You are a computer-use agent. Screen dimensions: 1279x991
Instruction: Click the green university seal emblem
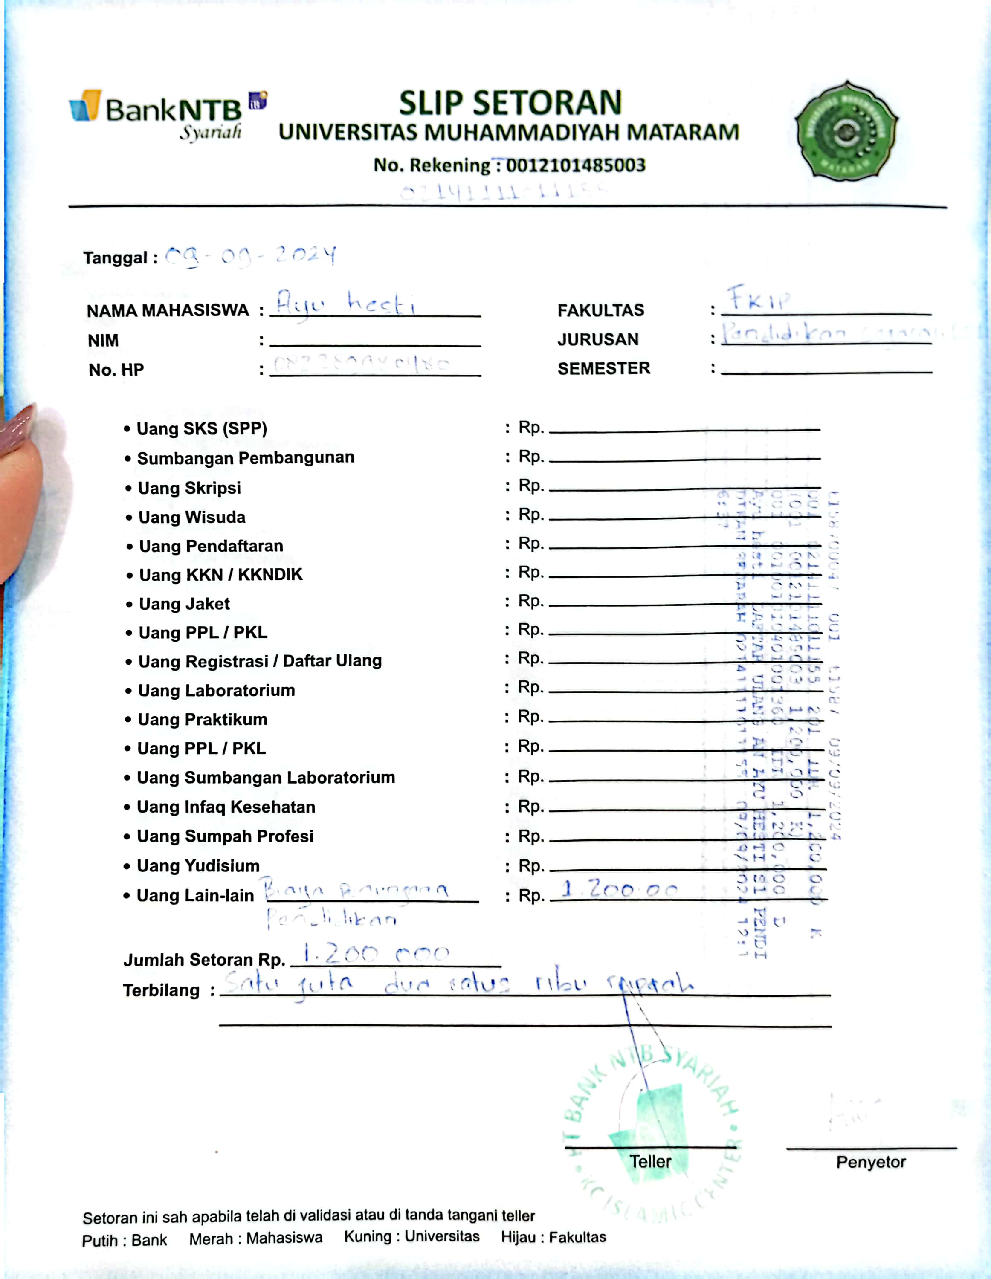pyautogui.click(x=846, y=131)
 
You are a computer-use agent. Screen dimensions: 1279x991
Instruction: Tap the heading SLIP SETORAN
pyautogui.click(x=510, y=103)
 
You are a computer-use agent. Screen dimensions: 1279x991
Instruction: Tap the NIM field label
pyautogui.click(x=103, y=340)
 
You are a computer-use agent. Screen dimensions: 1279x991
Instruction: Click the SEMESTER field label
pyautogui.click(x=603, y=368)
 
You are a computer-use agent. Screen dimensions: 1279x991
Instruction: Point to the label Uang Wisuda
pyautogui.click(x=191, y=517)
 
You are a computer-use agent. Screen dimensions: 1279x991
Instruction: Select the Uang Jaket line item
pyautogui.click(x=184, y=604)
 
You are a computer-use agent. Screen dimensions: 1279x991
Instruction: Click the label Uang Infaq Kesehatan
pyautogui.click(x=226, y=807)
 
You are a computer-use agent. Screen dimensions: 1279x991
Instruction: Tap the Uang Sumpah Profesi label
pyautogui.click(x=225, y=836)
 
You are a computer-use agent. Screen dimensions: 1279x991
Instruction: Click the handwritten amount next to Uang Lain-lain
pyautogui.click(x=618, y=890)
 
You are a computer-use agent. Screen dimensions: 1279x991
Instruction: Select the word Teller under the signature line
pyautogui.click(x=650, y=1162)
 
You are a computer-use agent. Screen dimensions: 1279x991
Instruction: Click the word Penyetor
pyautogui.click(x=870, y=1163)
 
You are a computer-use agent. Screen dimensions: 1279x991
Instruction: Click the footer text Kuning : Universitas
pyautogui.click(x=412, y=1237)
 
